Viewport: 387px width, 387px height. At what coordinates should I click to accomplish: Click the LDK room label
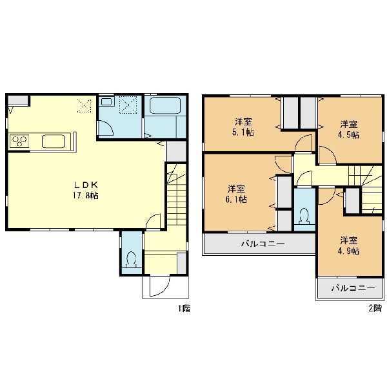(86, 185)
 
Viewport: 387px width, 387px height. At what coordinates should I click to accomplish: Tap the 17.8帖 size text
(85, 195)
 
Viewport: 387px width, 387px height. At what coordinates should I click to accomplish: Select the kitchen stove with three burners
(19, 141)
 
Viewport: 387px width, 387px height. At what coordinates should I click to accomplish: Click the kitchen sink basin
(54, 141)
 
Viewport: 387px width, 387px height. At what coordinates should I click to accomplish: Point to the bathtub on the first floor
(165, 105)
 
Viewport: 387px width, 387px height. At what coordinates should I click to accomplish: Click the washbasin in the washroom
(106, 101)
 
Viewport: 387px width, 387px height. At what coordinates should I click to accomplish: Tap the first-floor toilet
(131, 260)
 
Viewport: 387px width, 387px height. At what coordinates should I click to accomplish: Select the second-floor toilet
(304, 216)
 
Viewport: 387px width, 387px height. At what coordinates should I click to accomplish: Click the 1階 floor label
(184, 308)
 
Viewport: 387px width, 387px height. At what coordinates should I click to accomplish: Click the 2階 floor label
(375, 308)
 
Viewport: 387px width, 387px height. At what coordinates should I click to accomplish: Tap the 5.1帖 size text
(243, 132)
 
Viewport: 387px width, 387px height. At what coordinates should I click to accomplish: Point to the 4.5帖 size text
(348, 135)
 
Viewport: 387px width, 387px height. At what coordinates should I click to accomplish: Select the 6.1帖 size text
(236, 199)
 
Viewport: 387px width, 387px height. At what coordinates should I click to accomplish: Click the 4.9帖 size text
(348, 251)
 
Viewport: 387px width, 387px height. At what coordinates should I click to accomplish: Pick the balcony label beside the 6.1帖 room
(263, 244)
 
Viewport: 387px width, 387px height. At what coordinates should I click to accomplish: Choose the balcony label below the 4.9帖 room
(353, 288)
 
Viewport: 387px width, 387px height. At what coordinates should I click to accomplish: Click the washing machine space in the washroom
(128, 105)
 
